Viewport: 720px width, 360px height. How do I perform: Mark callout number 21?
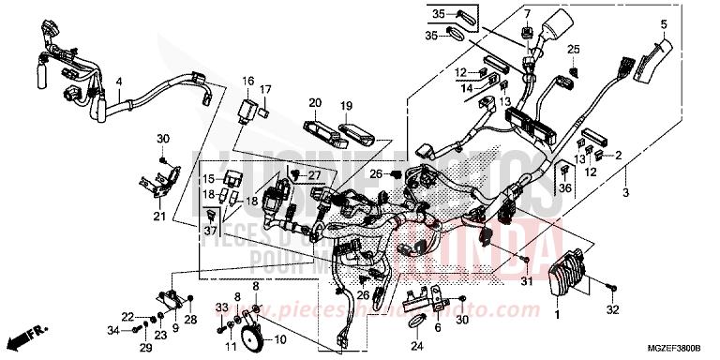(x=159, y=217)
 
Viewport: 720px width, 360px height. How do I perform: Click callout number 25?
(x=573, y=49)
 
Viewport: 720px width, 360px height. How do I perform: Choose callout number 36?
(x=564, y=189)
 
